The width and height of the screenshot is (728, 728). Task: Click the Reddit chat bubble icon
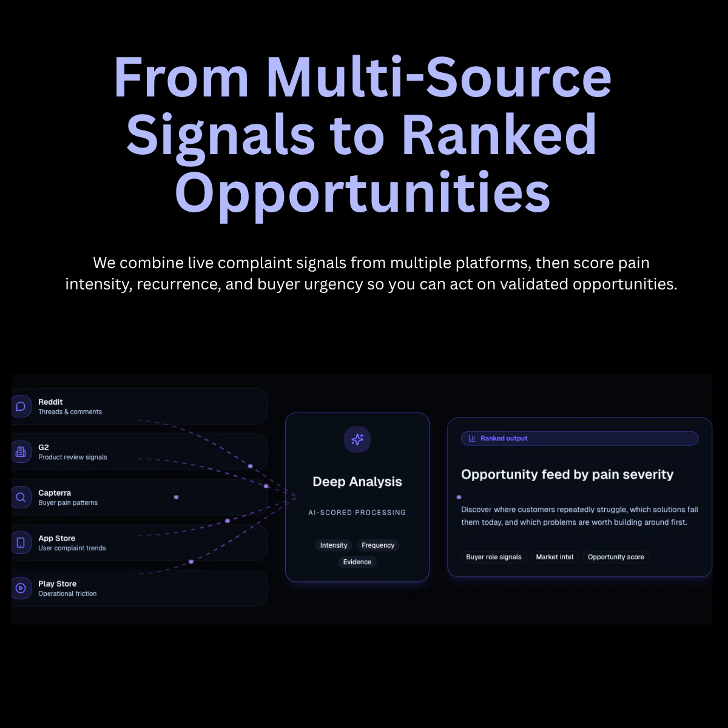[21, 406]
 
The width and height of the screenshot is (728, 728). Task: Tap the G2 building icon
[21, 452]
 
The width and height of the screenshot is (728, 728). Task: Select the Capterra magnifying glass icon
[21, 497]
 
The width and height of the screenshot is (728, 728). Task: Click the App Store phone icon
[21, 542]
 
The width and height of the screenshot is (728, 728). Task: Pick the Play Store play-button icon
[21, 588]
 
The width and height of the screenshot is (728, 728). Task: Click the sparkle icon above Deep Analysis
[357, 439]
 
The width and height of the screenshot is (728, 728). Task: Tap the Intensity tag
[334, 545]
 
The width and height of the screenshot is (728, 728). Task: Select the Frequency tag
[378, 545]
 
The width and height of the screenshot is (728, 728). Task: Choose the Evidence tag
[357, 562]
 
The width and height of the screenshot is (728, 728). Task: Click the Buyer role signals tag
[494, 557]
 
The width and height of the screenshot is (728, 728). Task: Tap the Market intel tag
[554, 557]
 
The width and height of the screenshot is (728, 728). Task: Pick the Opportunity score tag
[616, 557]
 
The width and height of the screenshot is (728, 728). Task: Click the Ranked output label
[504, 439]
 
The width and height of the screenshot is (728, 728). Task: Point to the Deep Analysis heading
[357, 482]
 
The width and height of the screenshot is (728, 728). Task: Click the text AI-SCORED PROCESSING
[357, 513]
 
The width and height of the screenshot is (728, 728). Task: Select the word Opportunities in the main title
[363, 192]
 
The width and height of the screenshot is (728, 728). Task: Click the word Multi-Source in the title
[439, 78]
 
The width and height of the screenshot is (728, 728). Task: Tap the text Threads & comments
[70, 412]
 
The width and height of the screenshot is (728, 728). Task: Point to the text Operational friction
[67, 594]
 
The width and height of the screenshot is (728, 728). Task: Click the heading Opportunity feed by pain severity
[567, 474]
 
